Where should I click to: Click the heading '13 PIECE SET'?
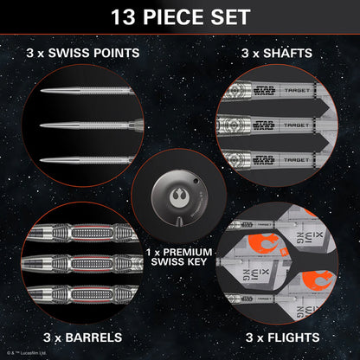click(179, 16)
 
